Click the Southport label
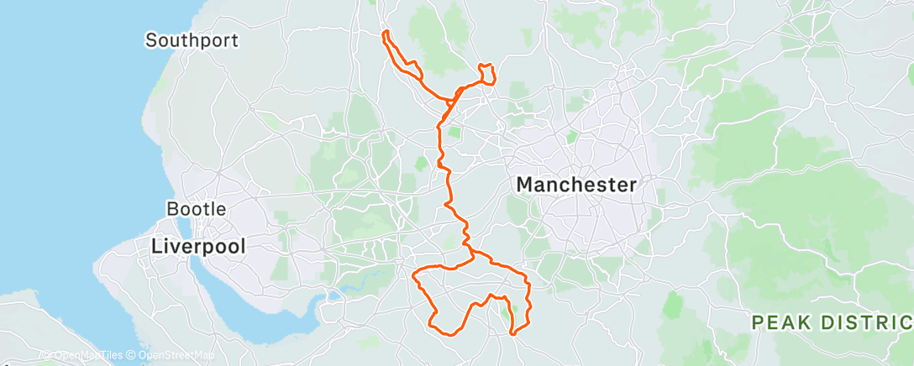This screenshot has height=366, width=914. (x=192, y=39)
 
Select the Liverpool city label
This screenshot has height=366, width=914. (x=198, y=246)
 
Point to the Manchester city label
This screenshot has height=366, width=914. (x=576, y=184)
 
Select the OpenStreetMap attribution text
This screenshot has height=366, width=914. (x=173, y=355)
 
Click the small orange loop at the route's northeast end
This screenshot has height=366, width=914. (x=486, y=74)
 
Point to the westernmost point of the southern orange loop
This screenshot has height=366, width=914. (x=413, y=272)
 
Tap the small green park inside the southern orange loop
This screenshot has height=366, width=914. (x=505, y=311)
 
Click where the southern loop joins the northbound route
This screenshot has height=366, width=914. (x=471, y=250)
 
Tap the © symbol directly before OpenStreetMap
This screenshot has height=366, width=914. (x=130, y=355)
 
